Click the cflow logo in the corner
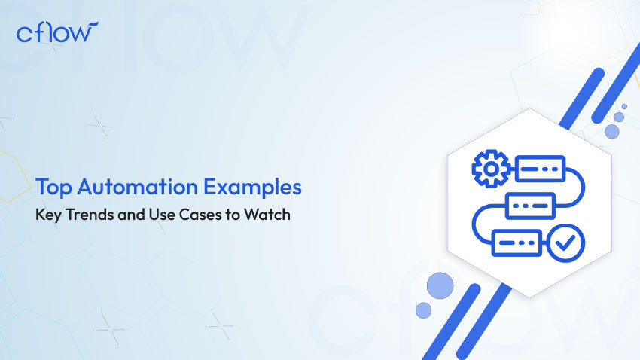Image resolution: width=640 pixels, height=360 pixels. pos(57,32)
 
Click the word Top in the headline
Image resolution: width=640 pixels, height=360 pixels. pos(53,188)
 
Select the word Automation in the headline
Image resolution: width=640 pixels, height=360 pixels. pos(138,187)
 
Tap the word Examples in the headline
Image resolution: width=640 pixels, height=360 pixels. pos(252,188)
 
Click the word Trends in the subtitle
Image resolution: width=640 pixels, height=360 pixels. pos(90,215)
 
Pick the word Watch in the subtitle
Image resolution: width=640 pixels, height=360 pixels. pos(267,215)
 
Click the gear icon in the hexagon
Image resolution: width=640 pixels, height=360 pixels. pos(491,169)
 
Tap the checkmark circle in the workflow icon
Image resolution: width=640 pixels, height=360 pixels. pos(565,243)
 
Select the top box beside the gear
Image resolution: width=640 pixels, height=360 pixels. pos(540,169)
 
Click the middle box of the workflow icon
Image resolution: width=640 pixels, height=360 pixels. pos(530,206)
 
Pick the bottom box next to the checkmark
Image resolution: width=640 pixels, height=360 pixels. pos(517,243)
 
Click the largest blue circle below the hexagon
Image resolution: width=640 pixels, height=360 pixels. pos(440,285)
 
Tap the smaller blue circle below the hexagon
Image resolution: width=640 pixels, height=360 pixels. pos(423,310)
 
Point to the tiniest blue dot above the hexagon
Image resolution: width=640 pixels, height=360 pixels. pos(624,106)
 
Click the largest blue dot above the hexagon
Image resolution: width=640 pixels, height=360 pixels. pos(612,132)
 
